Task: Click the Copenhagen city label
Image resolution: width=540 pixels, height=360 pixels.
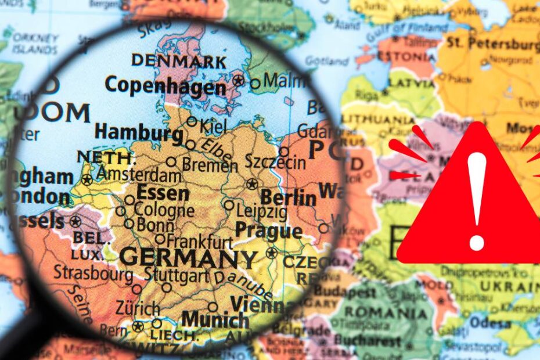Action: click(x=165, y=86)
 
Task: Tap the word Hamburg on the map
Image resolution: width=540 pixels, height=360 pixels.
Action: click(x=139, y=133)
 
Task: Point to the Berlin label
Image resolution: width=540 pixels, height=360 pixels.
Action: click(x=289, y=197)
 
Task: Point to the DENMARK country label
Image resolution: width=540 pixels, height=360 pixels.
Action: click(x=178, y=60)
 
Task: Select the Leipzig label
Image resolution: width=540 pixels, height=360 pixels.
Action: click(x=261, y=211)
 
